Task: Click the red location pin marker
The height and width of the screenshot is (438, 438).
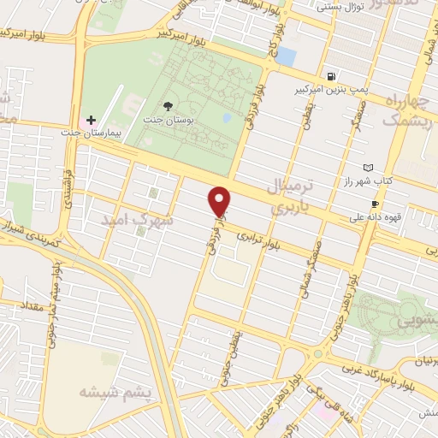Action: tap(220, 200)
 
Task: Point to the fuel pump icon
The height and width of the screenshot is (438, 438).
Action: tap(330, 74)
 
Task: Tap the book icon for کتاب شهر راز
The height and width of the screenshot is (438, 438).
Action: tap(368, 167)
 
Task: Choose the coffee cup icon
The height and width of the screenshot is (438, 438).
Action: tap(375, 204)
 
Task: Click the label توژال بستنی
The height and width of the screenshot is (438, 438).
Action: tap(341, 7)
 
